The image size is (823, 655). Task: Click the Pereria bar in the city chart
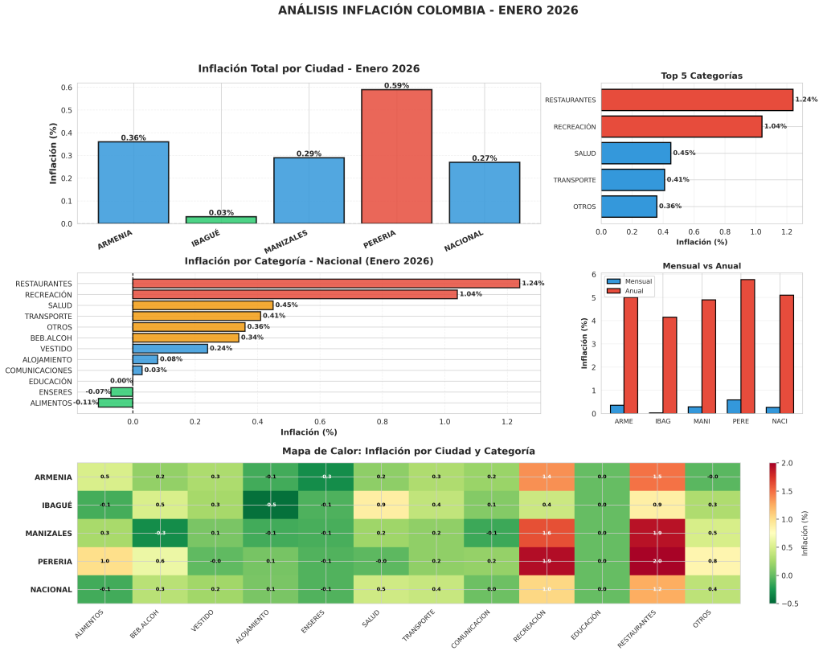(x=396, y=156)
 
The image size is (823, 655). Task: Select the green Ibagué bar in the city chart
(x=221, y=219)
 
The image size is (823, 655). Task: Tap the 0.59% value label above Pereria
(x=396, y=85)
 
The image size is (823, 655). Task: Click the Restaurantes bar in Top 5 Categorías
(x=697, y=100)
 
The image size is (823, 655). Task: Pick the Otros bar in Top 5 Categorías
(x=629, y=207)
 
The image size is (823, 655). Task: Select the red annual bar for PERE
(x=747, y=346)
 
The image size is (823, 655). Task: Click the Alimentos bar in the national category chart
(x=115, y=403)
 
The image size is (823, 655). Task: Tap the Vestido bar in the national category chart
(x=170, y=349)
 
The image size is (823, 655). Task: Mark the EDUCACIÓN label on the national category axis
(x=50, y=381)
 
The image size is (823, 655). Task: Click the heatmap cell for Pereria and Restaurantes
(x=657, y=561)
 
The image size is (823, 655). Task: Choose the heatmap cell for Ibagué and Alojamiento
(x=270, y=505)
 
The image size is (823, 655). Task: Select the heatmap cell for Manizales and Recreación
(x=547, y=533)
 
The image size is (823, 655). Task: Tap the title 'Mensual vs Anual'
(x=701, y=266)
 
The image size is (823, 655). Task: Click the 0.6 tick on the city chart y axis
(x=68, y=88)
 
